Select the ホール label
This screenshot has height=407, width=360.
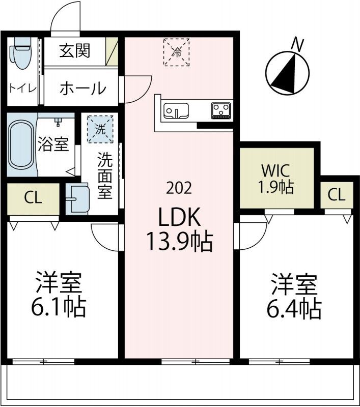click(x=82, y=89)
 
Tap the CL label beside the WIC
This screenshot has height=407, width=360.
click(x=337, y=194)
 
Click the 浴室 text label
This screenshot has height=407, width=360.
click(x=52, y=144)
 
